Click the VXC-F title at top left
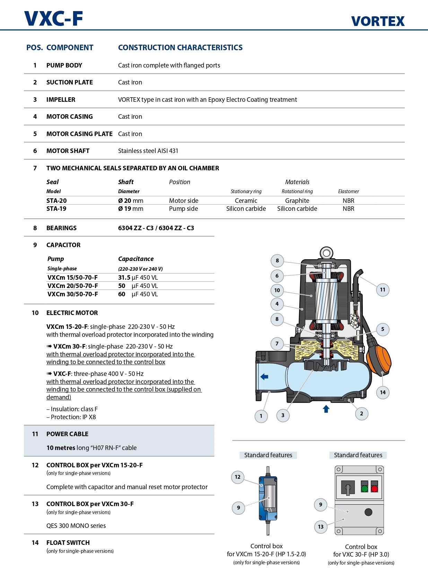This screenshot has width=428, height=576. (54, 19)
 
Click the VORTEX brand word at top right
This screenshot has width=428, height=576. (378, 21)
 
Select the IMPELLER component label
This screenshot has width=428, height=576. (61, 100)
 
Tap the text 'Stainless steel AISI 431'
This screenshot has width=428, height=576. (148, 151)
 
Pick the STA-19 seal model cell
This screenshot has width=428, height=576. (56, 209)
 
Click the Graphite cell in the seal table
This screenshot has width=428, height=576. (297, 201)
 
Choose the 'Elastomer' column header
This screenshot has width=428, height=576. (348, 191)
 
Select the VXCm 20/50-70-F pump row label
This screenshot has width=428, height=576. (72, 286)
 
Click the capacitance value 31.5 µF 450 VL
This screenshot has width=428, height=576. (138, 278)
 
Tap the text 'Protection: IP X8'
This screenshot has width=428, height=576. (73, 417)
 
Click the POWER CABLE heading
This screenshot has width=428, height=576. (67, 434)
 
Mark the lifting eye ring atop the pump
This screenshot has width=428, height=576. (326, 253)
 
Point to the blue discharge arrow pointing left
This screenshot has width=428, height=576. (264, 377)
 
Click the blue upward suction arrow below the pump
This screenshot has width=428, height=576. (326, 409)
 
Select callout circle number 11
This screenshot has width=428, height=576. (383, 290)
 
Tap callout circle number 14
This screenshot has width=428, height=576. (383, 392)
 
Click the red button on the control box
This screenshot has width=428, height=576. (374, 489)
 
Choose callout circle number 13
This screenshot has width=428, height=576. (321, 526)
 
